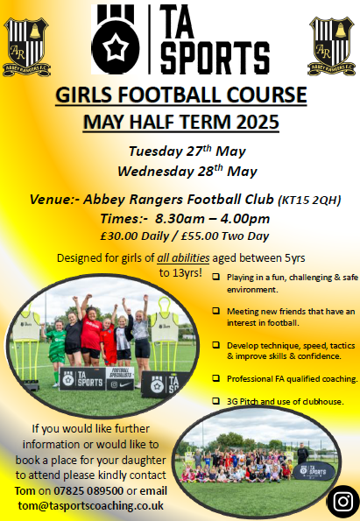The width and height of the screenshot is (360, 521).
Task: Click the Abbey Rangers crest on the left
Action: coord(26,47)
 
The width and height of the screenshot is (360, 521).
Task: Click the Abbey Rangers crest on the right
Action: coord(331,46)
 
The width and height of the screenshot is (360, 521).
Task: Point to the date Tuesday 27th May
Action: coord(187,151)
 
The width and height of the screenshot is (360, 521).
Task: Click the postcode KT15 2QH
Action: coord(309,201)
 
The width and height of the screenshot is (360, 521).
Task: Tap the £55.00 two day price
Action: coord(225,236)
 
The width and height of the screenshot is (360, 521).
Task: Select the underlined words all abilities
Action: coord(183,258)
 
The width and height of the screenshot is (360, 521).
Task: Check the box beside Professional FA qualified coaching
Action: coord(216,377)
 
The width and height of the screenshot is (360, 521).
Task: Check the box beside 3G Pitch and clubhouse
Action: coord(216,400)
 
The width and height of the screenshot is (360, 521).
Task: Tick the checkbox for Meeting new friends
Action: coord(216,311)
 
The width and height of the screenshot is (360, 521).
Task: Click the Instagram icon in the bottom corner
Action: coord(343,501)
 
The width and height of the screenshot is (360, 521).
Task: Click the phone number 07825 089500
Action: coord(88,490)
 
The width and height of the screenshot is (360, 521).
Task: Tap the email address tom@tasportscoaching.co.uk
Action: coord(91,506)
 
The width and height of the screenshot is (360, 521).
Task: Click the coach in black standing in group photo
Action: coord(302,453)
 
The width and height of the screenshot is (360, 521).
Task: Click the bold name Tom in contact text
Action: coord(25,490)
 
